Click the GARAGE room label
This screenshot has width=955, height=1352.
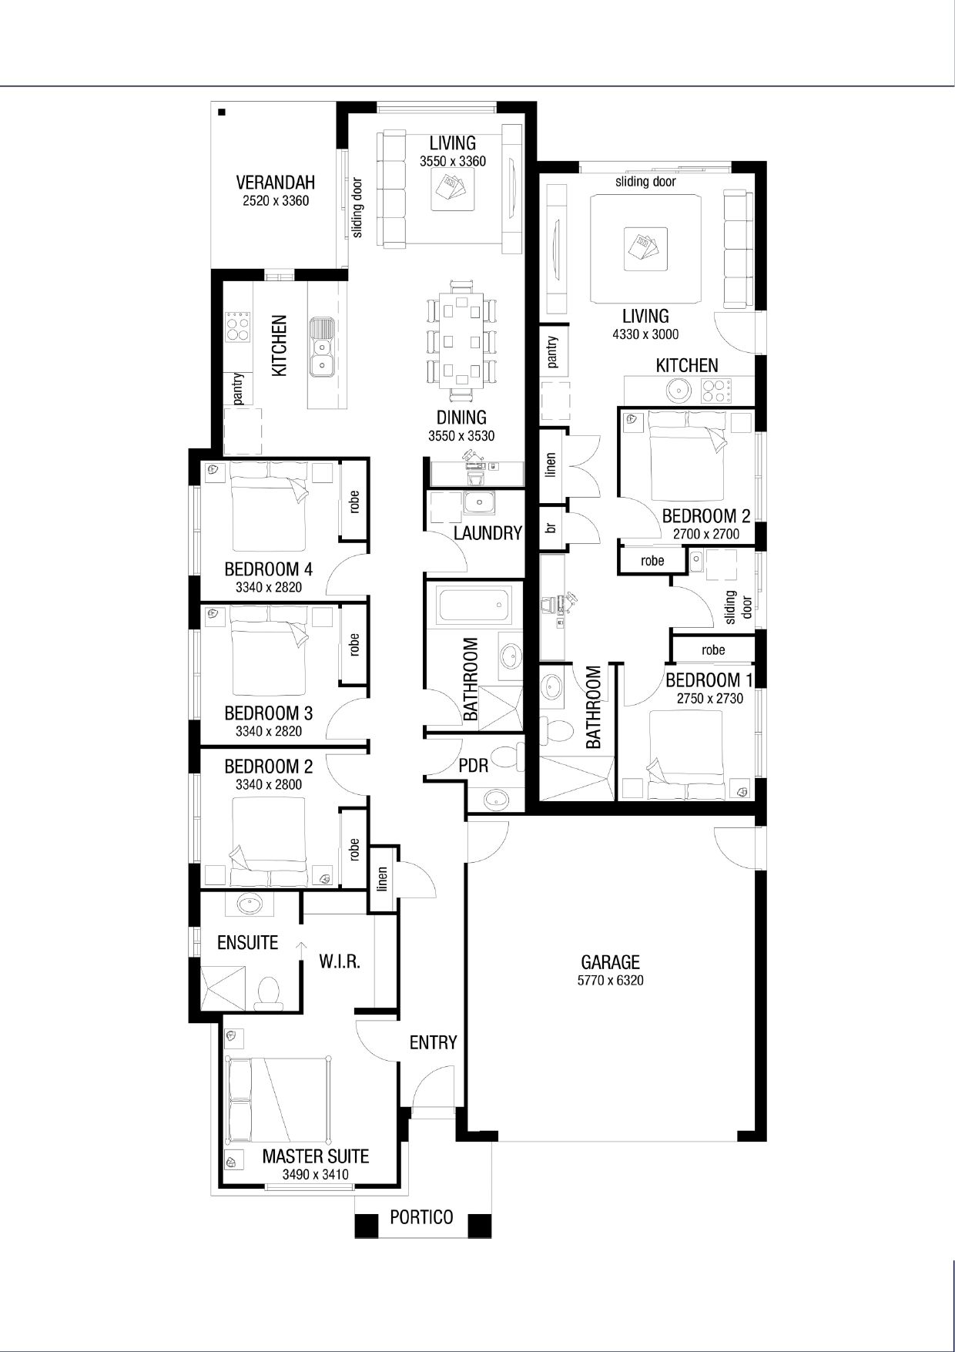(x=610, y=961)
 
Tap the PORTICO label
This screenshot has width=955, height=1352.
(x=421, y=1217)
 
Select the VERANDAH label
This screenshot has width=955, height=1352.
(x=275, y=183)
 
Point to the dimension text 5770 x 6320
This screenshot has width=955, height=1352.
(x=610, y=981)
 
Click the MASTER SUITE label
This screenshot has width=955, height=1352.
(x=315, y=1156)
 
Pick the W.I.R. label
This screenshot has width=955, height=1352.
(x=340, y=961)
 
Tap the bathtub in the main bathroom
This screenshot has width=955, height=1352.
(x=474, y=606)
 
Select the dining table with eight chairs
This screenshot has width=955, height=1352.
(x=461, y=339)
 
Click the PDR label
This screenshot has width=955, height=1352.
(x=473, y=766)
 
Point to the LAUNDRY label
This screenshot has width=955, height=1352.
(x=488, y=532)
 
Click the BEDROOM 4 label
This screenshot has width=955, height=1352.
(x=268, y=569)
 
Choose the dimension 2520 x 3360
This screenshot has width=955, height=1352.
(x=275, y=201)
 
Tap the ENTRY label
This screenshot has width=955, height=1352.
(x=433, y=1042)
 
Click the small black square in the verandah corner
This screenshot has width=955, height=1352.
(x=222, y=113)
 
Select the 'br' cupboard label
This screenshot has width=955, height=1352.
(x=551, y=528)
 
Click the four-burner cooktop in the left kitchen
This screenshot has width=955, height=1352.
(x=238, y=329)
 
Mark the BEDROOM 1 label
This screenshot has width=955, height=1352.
(x=709, y=680)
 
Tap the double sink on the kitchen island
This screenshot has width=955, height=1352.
(x=321, y=347)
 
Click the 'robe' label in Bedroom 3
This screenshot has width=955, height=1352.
(x=354, y=644)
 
